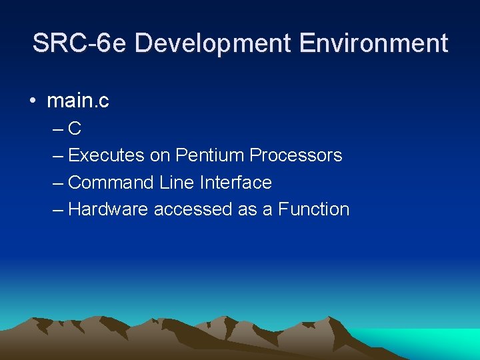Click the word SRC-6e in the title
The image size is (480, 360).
pyautogui.click(x=80, y=44)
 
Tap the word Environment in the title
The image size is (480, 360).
pyautogui.click(x=374, y=44)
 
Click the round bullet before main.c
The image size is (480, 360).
pyautogui.click(x=33, y=102)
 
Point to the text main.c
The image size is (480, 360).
pyautogui.click(x=78, y=101)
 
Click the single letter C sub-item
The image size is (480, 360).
pyautogui.click(x=75, y=129)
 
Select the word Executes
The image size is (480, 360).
pyautogui.click(x=106, y=155)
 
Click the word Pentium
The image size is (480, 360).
pyautogui.click(x=210, y=155)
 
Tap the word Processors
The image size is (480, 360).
pyautogui.click(x=296, y=155)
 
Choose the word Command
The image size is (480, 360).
pyautogui.click(x=111, y=182)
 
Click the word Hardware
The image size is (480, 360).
pyautogui.click(x=109, y=209)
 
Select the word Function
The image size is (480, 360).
pyautogui.click(x=314, y=209)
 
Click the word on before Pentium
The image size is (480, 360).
pyautogui.click(x=160, y=155)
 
